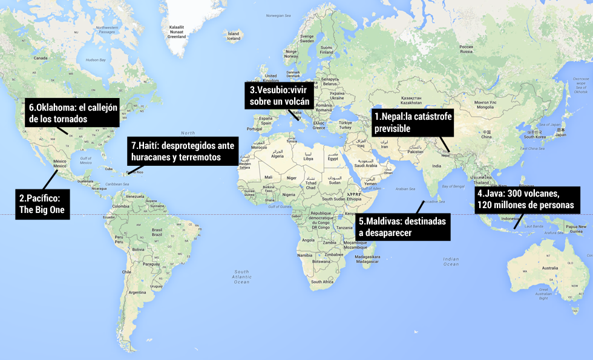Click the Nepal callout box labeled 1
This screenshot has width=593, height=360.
[x=413, y=122]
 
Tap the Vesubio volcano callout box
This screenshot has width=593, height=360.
[x=280, y=96]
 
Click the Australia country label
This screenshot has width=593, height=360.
[x=549, y=268]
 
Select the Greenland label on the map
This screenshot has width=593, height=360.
[x=177, y=31]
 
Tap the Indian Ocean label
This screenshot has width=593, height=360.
[x=451, y=261]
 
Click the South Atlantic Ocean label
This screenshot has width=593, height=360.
[x=241, y=277]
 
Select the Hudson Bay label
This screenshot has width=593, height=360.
[x=96, y=60]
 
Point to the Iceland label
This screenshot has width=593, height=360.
[x=233, y=36]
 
